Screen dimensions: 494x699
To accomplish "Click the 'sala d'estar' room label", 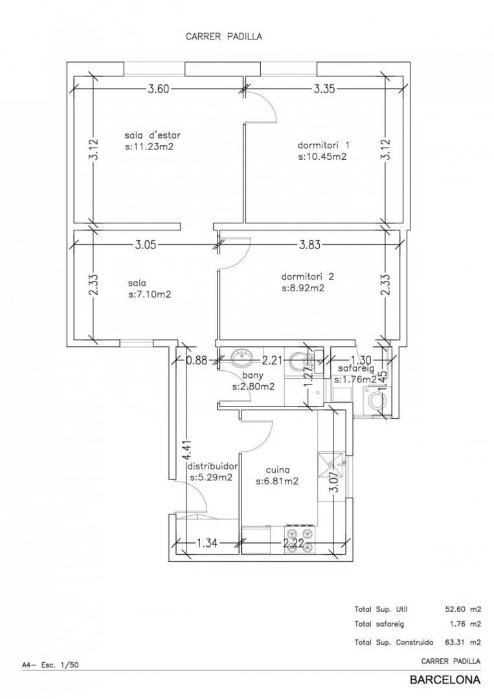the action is pyautogui.click(x=153, y=135).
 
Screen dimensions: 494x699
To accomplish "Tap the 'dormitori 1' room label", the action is pyautogui.click(x=324, y=146).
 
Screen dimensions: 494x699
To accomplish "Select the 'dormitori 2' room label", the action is pyautogui.click(x=307, y=276).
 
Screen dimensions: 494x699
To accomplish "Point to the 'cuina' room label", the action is pyautogui.click(x=278, y=470).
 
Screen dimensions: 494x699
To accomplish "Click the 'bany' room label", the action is pyautogui.click(x=253, y=376).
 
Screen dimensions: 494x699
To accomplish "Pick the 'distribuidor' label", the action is pyautogui.click(x=212, y=466).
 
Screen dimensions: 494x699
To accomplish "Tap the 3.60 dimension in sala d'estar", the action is pyautogui.click(x=159, y=89).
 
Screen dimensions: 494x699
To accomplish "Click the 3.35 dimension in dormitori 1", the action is pyautogui.click(x=324, y=89).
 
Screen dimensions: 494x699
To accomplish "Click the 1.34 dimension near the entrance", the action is pyautogui.click(x=207, y=544).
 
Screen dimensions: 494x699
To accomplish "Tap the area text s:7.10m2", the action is pyautogui.click(x=150, y=294).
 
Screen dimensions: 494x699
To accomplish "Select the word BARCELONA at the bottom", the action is pyautogui.click(x=445, y=680).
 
